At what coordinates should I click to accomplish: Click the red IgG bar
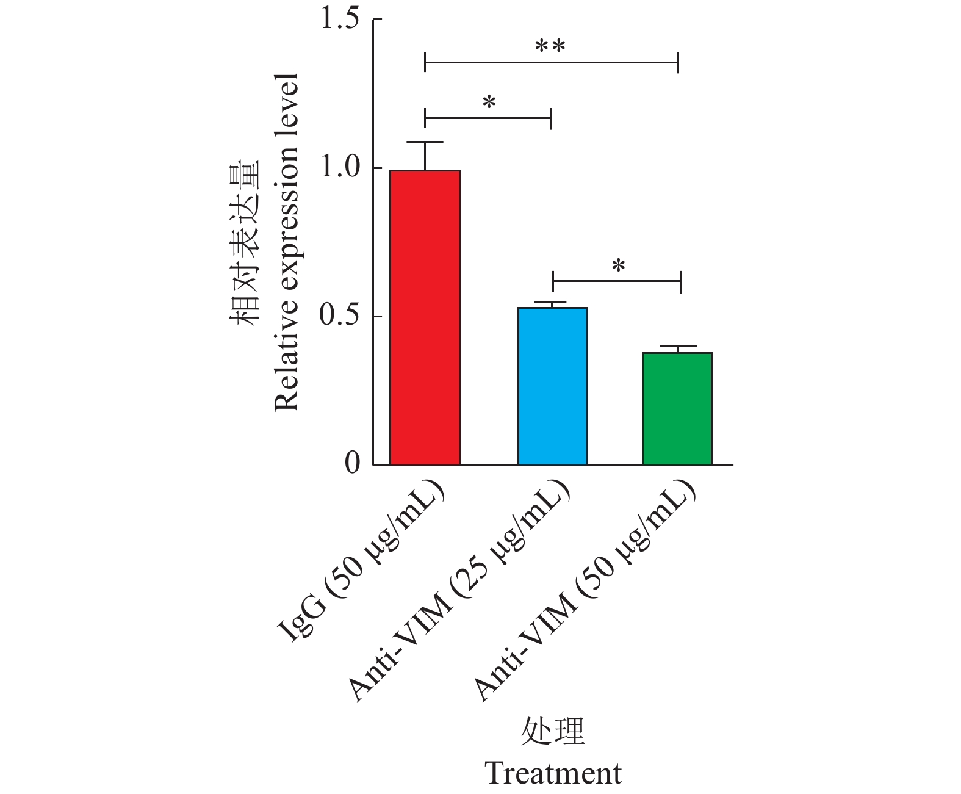[425, 317]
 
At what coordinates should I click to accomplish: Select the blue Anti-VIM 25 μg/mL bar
[552, 386]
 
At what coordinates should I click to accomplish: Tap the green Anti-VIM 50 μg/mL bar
[677, 408]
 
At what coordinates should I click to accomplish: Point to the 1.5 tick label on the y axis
[340, 20]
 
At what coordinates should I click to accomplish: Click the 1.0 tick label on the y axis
[340, 168]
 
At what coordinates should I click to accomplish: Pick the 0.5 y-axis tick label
[340, 316]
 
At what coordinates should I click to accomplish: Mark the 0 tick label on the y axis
[352, 464]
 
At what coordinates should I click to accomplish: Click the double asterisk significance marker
[550, 47]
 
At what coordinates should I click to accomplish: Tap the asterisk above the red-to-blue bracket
[489, 103]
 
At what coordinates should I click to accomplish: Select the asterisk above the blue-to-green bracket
[619, 267]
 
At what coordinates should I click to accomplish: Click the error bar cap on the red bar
[425, 142]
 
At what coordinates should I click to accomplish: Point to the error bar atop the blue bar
[552, 303]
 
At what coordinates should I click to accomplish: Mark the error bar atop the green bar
[677, 347]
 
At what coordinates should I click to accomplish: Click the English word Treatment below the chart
[553, 773]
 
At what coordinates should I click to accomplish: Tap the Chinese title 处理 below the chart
[553, 731]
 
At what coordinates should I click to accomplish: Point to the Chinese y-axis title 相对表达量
[245, 242]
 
